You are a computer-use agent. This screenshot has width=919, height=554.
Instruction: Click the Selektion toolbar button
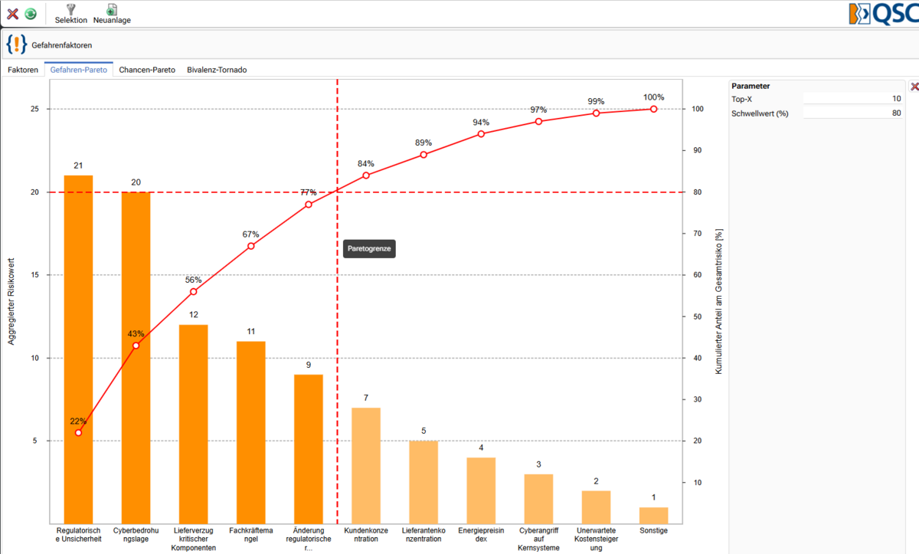71,14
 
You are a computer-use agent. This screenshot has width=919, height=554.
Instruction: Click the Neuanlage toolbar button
112,14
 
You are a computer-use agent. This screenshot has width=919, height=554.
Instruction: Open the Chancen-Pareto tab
147,70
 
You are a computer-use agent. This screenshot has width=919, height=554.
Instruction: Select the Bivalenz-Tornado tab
217,70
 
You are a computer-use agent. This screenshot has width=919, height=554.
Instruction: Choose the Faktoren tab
23,70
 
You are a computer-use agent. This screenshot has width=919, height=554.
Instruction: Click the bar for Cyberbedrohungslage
136,358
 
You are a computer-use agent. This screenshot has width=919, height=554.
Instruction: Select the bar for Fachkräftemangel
251,432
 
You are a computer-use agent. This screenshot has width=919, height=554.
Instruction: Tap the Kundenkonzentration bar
366,466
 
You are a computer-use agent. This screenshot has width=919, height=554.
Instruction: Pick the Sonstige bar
653,516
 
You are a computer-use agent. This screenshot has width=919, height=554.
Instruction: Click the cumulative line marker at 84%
366,175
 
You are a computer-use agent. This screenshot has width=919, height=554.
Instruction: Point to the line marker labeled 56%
193,292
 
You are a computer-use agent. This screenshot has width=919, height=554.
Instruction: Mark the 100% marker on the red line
653,109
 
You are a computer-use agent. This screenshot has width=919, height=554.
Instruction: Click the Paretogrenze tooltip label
369,249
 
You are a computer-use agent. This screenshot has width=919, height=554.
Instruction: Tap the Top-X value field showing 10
853,99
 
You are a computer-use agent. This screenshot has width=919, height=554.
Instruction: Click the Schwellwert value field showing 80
853,113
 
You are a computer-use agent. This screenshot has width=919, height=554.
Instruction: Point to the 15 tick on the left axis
35,275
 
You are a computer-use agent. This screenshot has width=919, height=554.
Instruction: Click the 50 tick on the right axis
698,316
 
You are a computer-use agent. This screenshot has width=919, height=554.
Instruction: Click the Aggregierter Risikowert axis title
11,302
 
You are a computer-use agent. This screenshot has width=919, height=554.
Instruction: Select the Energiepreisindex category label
481,535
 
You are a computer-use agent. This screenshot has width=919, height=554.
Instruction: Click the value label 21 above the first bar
78,166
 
